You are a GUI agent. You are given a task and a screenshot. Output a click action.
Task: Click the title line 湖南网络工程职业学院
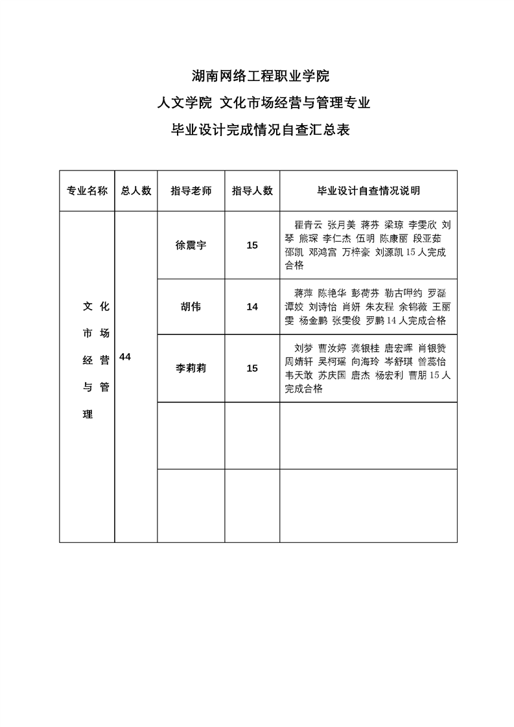261,76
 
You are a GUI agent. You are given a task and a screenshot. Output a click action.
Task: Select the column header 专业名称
87,190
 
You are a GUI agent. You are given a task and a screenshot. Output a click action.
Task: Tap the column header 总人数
136,190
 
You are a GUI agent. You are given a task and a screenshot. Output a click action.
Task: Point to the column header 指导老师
191,190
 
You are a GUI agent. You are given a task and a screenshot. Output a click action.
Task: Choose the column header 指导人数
252,190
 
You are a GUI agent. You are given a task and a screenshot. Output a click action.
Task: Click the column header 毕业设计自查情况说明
368,190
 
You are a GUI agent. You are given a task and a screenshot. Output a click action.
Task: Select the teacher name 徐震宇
191,245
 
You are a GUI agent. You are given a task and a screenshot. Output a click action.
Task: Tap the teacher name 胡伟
191,306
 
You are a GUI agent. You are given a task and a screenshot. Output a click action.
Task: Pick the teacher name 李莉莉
191,368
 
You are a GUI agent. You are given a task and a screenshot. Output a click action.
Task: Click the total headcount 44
126,356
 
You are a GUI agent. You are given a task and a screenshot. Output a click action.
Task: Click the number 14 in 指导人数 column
252,306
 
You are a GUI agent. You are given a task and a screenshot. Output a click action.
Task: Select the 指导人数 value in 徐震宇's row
252,245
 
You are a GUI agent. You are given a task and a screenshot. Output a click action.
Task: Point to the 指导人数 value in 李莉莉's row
252,368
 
